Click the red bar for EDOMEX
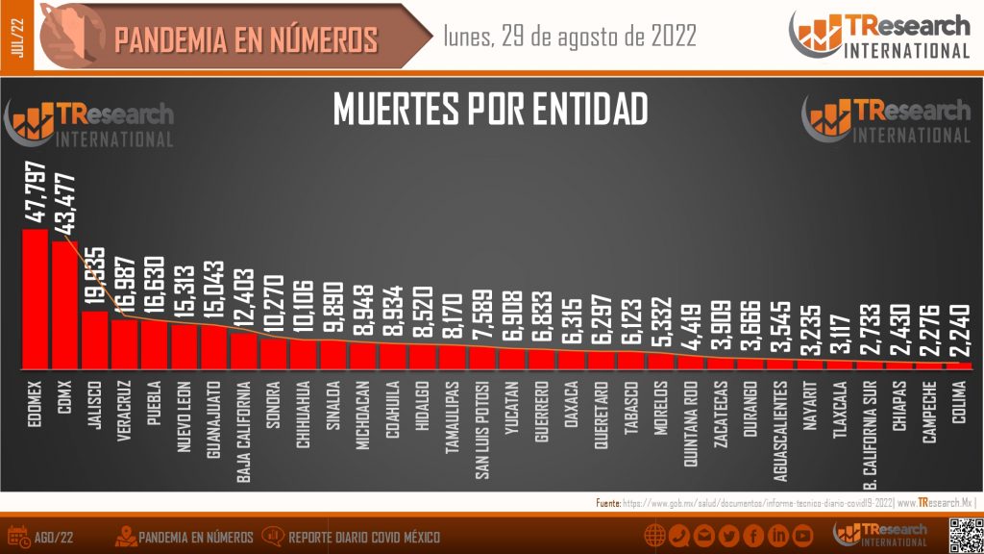35,298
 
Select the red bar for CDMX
64,305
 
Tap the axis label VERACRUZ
124,415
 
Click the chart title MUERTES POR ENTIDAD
490,110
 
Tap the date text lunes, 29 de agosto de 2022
570,37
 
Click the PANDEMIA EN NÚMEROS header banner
245,39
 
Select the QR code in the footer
964,535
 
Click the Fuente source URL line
783,503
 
